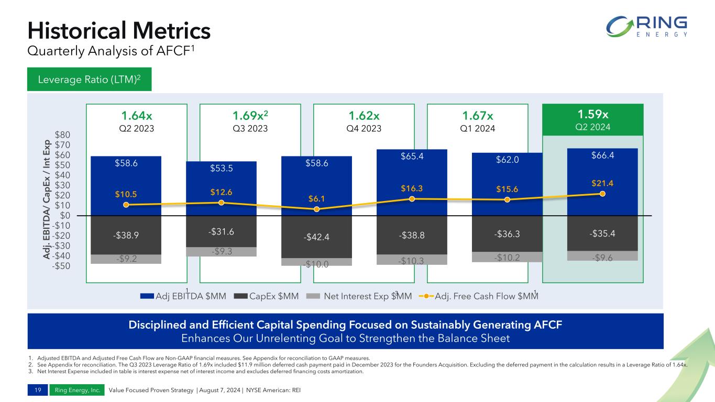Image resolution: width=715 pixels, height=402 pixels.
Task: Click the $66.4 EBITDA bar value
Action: (x=602, y=155)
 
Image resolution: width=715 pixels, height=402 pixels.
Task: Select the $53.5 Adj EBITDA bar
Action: (x=221, y=178)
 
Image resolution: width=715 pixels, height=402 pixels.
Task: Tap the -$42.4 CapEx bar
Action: (x=316, y=237)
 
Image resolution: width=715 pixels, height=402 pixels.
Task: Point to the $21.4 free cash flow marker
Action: (x=602, y=194)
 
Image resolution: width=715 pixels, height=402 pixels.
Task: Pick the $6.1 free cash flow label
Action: (x=316, y=198)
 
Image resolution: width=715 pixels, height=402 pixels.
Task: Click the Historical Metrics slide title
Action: (x=119, y=30)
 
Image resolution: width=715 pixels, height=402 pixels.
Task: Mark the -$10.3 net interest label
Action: (x=412, y=260)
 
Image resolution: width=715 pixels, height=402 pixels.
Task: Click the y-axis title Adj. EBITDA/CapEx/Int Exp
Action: (x=48, y=199)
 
